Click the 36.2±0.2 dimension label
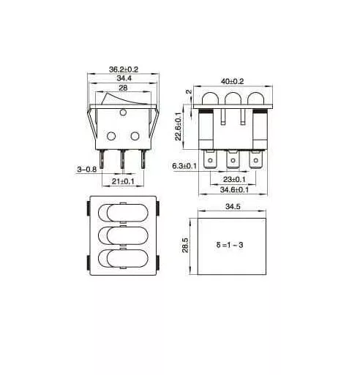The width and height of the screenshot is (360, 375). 124,69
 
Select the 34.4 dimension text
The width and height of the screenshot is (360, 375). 124,78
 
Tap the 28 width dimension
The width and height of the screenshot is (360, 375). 123,88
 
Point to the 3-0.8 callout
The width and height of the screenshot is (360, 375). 87,169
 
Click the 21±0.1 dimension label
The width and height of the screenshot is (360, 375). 123,181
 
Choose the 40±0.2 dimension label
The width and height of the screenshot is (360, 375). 232,81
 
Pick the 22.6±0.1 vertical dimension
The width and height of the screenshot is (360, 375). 179,126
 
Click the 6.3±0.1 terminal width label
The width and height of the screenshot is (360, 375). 184,166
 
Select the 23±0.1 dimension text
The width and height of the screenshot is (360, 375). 234,179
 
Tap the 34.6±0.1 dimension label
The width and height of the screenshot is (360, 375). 234,189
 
